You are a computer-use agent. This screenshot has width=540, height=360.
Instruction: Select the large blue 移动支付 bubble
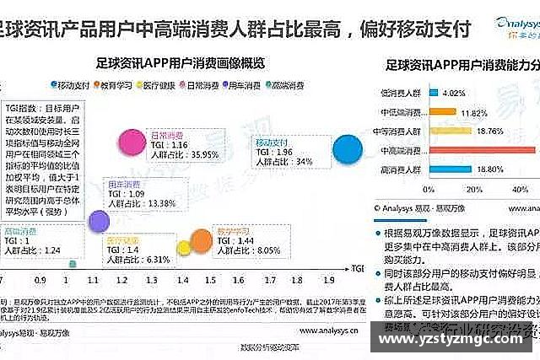pos(348,149)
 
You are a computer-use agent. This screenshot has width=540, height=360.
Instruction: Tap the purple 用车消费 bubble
pos(99,222)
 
